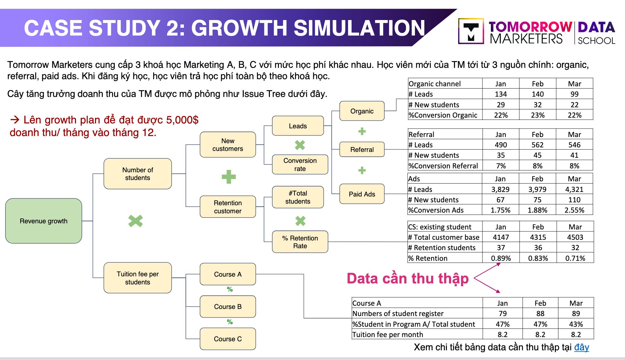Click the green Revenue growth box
pos(44,221)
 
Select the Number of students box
pos(137,174)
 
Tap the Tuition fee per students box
pos(137,278)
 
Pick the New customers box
pos(228,145)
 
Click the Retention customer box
pos(228,207)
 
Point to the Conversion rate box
pos(300,164)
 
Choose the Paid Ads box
pos(362,194)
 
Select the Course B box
pos(228,306)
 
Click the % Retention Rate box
pos(300,242)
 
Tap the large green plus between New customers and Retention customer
pos(229,177)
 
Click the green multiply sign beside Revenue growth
pos(135,221)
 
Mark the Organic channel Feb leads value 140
pos(537,94)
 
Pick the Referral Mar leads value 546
pos(574,145)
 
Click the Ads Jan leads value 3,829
pos(500,189)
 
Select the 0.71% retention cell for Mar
pos(575,258)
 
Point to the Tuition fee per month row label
pos(387,334)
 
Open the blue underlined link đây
pos(581,347)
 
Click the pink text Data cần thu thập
pos(408,278)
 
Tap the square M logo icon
pos(471,31)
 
